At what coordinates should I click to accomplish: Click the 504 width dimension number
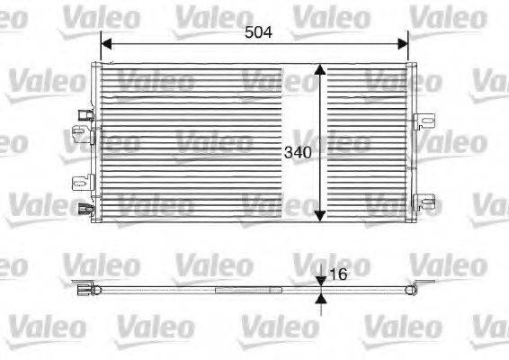tap(258, 31)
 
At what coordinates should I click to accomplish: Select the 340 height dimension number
tap(298, 152)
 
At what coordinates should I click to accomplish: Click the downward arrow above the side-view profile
tap(322, 281)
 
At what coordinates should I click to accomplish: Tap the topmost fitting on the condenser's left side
tap(84, 114)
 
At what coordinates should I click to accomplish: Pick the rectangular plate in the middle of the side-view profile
tap(249, 289)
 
